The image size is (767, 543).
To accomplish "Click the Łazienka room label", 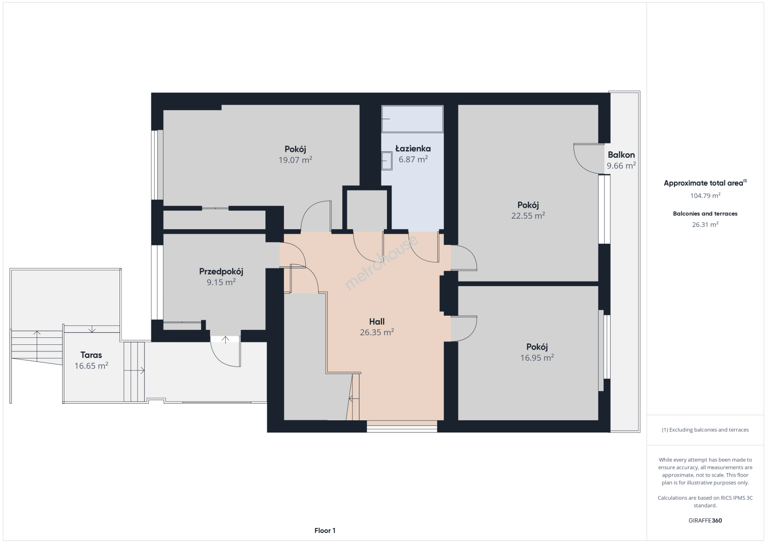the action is click(x=413, y=149).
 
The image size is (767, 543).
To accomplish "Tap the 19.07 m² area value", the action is click(x=295, y=160).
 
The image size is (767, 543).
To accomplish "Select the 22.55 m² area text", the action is click(x=528, y=216).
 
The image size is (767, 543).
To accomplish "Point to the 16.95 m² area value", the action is click(x=537, y=357).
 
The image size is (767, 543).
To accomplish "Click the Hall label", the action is click(x=376, y=321).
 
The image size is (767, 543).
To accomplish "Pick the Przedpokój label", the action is click(x=221, y=271).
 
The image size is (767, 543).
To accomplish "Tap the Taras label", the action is click(x=91, y=355).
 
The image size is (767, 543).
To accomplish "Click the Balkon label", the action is click(x=621, y=155).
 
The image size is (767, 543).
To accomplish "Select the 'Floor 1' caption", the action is click(x=325, y=530).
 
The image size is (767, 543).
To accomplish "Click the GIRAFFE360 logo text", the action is click(x=705, y=520).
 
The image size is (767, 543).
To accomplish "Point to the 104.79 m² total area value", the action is click(x=705, y=196).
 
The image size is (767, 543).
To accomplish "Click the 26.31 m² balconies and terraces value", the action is click(x=705, y=224).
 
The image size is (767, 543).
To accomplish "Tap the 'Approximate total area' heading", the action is click(x=705, y=183).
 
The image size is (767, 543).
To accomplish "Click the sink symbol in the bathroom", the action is click(x=387, y=161).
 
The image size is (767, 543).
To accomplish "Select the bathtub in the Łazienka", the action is click(x=412, y=119).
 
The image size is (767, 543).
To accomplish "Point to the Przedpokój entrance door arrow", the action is click(x=225, y=339).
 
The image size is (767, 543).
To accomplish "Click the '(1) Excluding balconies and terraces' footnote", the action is click(x=705, y=429).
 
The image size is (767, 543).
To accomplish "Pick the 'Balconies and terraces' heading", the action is click(x=705, y=214).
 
